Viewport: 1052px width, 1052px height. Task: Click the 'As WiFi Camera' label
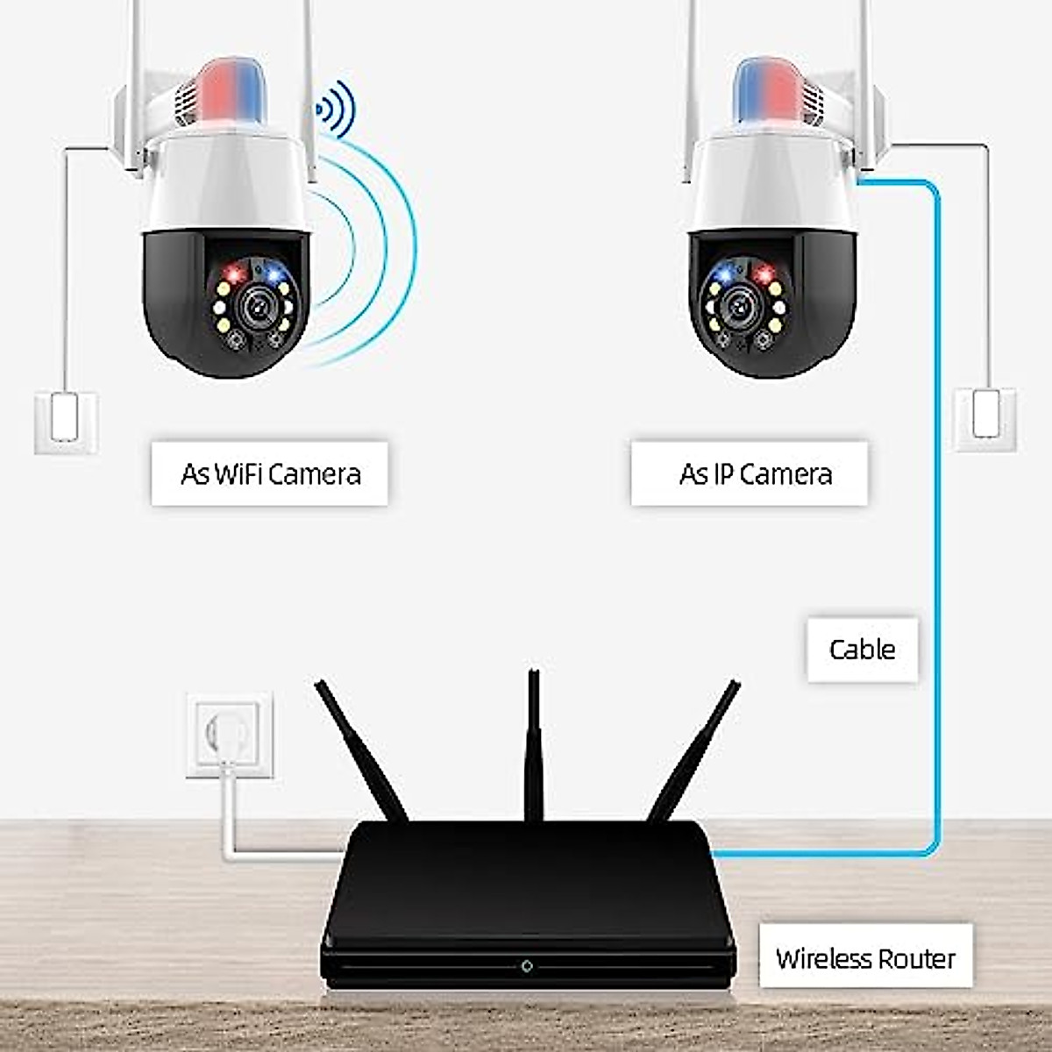[x=269, y=473]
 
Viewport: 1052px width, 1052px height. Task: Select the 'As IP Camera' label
[x=754, y=473]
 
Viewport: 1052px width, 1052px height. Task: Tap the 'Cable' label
[x=862, y=650]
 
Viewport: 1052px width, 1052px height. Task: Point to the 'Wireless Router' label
[x=865, y=958]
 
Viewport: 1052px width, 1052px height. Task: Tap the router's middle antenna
[x=532, y=745]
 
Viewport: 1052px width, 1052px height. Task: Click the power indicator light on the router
[x=527, y=966]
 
